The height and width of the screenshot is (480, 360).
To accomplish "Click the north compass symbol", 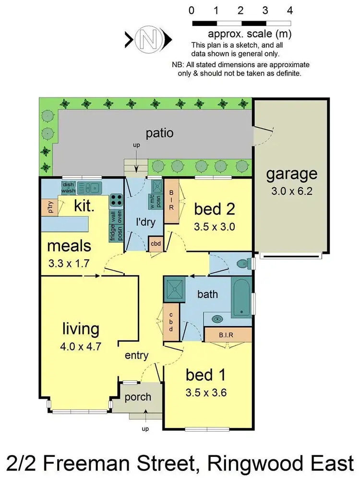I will click(x=148, y=38).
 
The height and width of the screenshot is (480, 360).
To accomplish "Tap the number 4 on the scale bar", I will click(x=289, y=11).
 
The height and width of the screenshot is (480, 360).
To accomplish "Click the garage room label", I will click(x=292, y=173).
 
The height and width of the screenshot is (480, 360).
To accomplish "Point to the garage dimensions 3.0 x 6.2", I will click(x=292, y=192).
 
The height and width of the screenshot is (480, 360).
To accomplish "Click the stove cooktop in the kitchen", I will click(x=116, y=199).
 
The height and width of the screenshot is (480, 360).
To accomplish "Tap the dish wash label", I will click(x=68, y=187).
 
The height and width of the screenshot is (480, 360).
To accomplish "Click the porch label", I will click(x=138, y=397).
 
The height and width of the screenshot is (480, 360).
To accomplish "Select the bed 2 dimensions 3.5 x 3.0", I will click(x=214, y=227).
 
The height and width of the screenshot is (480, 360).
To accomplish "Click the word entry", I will click(x=136, y=356).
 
